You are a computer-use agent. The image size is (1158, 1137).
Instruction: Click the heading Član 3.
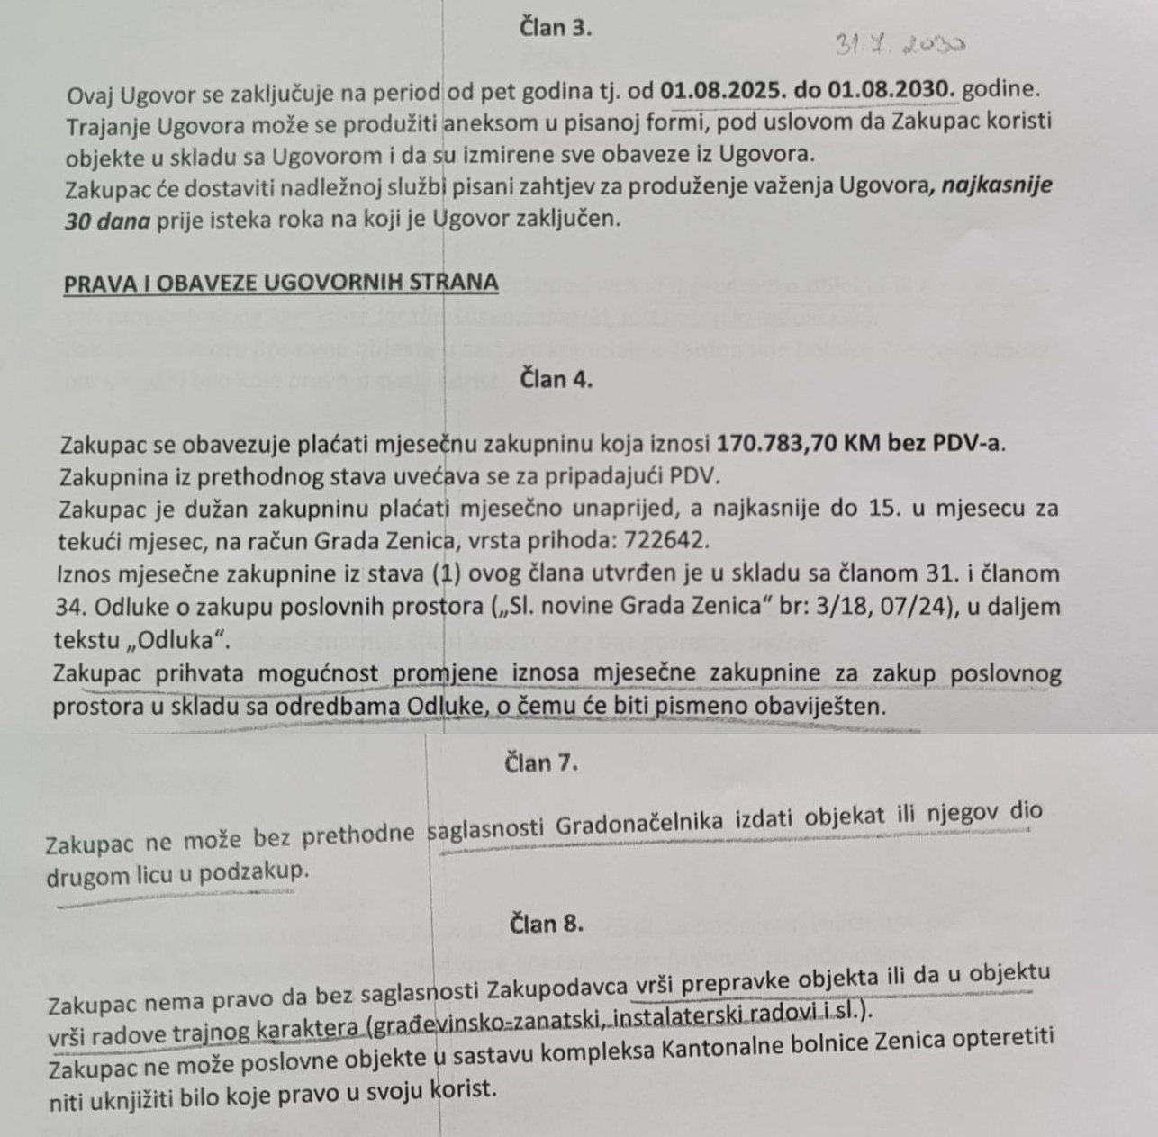pos(556,27)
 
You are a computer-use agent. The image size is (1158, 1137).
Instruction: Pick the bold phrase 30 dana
pos(107,220)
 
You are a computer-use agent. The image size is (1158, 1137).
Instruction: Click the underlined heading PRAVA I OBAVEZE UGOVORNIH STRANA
pos(281,283)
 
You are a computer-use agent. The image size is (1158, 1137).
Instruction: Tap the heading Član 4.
pos(556,379)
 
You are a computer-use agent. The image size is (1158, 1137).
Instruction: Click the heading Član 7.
pos(541,763)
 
